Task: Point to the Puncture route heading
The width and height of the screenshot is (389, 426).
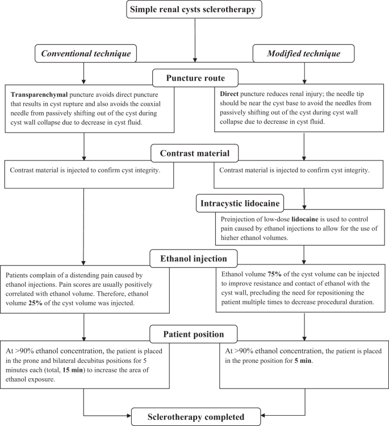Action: pos(195,78)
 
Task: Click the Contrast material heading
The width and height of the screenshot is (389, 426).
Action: pos(195,153)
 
